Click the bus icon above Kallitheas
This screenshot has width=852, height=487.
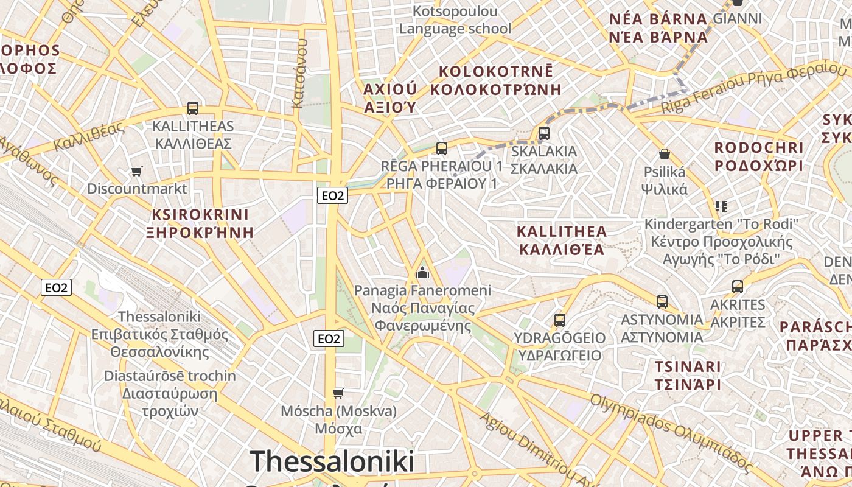(193, 108)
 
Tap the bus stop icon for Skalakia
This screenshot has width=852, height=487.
(544, 133)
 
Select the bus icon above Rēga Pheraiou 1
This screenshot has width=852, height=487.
(442, 148)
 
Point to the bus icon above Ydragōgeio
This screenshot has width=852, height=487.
(560, 320)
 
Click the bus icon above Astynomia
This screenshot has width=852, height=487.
(662, 301)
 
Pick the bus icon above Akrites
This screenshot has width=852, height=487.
(738, 286)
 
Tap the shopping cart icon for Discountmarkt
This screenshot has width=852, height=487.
(137, 172)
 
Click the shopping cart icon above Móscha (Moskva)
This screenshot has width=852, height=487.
(338, 393)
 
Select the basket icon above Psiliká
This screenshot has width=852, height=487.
(665, 154)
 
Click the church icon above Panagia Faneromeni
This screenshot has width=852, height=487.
(422, 273)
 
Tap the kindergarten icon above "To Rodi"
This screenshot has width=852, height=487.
(721, 206)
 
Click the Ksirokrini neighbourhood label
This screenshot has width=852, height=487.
(200, 223)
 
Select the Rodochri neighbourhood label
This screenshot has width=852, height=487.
(759, 156)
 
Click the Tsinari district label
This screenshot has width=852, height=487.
(688, 375)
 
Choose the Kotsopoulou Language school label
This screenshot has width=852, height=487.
(455, 19)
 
